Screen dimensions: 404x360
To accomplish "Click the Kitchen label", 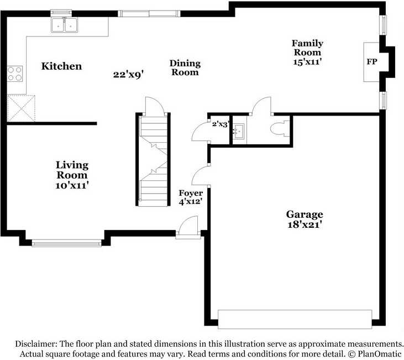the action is [61, 66].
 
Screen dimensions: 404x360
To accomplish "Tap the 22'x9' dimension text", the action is [128, 75].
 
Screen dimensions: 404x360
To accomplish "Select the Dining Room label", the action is [185, 68].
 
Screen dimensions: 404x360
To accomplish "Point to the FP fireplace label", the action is [372, 61].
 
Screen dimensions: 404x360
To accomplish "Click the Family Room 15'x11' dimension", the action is [307, 62].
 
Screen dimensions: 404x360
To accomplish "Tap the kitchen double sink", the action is [64, 25].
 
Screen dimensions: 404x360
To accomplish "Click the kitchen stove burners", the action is [15, 74].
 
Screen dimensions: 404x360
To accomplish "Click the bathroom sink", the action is [239, 131].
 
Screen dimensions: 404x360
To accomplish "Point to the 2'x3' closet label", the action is [221, 124].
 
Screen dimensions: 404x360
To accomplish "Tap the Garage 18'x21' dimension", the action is [305, 225].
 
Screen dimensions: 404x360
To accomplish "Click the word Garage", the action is [305, 215].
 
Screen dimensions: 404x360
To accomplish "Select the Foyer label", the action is [191, 193].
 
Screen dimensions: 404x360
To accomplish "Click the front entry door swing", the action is [188, 226].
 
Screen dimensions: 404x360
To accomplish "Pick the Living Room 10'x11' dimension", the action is [72, 185].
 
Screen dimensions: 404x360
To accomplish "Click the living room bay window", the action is [66, 243].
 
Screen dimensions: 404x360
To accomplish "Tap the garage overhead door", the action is [295, 319].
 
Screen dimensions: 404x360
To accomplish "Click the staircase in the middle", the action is [153, 159].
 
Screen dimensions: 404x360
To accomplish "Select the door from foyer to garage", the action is [201, 176].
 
